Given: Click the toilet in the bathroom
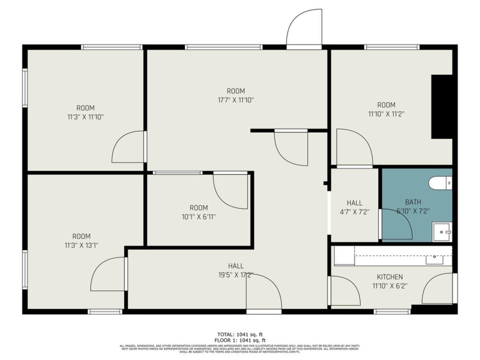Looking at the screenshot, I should click(440, 183).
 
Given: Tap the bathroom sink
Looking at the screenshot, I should click(442, 232).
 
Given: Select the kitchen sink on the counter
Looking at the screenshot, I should click(435, 259).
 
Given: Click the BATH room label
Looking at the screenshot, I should click(413, 202).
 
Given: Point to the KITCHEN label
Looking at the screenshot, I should click(389, 277).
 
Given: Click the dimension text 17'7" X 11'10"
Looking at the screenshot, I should click(235, 100).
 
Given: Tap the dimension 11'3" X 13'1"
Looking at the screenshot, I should click(81, 246).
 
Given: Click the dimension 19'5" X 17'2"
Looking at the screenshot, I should click(235, 275).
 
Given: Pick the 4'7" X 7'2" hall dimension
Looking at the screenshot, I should click(354, 211).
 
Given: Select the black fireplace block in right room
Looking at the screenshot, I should click(442, 106).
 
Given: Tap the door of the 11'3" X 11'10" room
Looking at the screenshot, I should click(128, 147).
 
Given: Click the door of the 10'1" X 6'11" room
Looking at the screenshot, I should click(231, 190).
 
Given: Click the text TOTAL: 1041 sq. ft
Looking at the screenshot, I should click(235, 334).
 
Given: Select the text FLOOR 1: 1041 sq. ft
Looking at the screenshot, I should click(235, 341).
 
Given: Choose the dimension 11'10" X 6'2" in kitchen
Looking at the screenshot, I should click(389, 286).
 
